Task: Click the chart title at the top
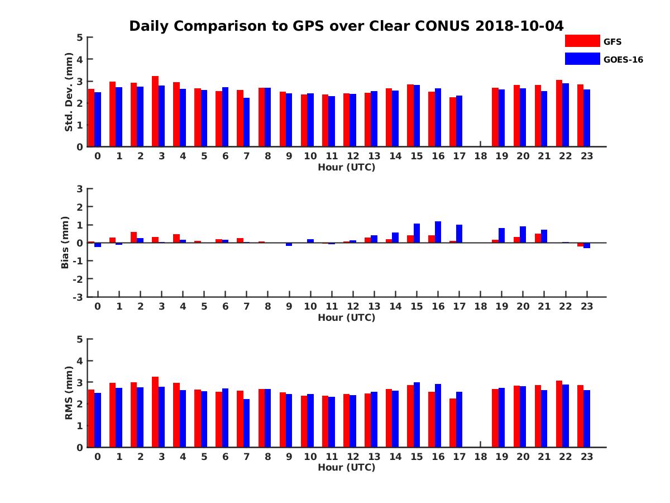coord(346,26)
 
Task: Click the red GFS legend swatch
coord(582,41)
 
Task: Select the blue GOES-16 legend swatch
coord(582,59)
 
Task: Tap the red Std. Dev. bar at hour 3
coord(155,111)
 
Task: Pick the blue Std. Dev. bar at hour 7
coord(246,122)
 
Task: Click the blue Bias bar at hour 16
coord(438,232)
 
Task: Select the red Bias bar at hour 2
coord(134,237)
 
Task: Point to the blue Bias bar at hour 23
coord(587,245)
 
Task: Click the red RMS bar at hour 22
coord(559,414)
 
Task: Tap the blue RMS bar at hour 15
coord(417,415)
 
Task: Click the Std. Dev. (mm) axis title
coord(69,92)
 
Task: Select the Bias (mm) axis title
coord(65,243)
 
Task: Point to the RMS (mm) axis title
coord(69,393)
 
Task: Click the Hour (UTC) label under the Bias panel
coord(346,317)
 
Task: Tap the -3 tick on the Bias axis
coord(79,297)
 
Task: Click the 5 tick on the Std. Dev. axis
coord(80,37)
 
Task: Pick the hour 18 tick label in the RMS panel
coord(480,457)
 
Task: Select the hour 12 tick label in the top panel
coord(353,156)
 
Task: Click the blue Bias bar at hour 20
coord(523,234)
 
